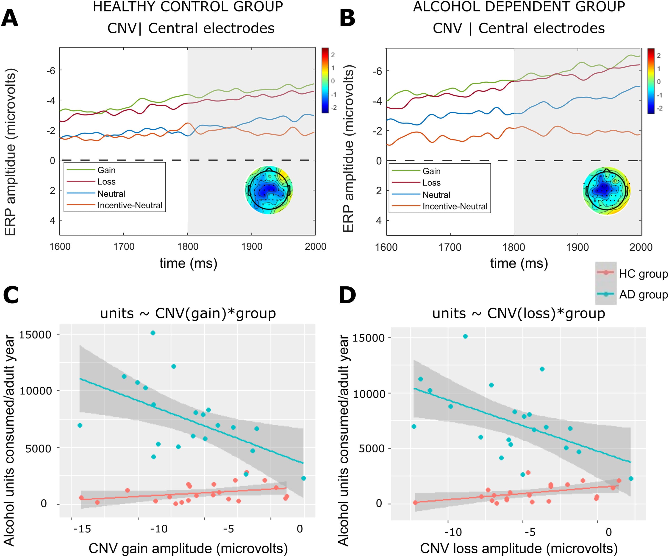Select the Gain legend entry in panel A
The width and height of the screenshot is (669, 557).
[106, 170]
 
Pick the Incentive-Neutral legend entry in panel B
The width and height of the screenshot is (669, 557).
[455, 207]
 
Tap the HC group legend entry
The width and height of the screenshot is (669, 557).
[643, 274]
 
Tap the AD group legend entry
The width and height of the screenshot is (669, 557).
[643, 295]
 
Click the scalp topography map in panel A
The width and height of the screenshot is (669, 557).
[269, 190]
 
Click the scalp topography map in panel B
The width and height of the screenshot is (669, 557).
[607, 191]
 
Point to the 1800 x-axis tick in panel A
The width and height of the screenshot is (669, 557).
[188, 246]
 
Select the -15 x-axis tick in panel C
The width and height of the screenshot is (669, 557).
[82, 529]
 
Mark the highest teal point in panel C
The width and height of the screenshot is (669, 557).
[153, 333]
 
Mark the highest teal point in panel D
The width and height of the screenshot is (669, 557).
[465, 336]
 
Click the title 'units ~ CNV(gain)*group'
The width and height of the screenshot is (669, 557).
[188, 313]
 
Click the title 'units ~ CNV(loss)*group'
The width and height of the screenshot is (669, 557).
[519, 313]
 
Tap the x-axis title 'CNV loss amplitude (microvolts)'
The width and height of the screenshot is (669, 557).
[519, 548]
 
